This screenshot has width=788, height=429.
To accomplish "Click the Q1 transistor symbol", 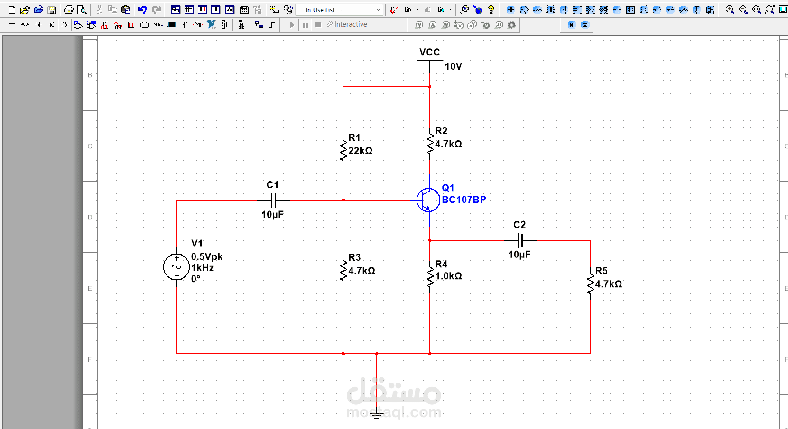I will [428, 200].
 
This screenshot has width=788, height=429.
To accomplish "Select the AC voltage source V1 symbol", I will [176, 267].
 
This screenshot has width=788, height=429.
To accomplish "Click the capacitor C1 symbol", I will [273, 200].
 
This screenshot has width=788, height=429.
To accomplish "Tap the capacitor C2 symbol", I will [520, 240].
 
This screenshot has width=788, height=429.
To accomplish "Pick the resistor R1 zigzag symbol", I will [343, 151].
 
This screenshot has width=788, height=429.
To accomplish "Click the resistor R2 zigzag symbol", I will [430, 144].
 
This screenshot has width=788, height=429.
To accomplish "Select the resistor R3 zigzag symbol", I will [343, 271].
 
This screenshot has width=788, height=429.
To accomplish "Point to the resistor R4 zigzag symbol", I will [430, 277].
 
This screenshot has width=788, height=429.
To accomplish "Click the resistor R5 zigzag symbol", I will [590, 284].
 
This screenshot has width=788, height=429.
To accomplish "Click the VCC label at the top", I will [429, 52].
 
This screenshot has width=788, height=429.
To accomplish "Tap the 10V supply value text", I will [453, 66].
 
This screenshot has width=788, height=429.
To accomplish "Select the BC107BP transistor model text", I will [464, 200].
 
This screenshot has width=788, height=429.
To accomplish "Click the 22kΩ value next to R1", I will [360, 151].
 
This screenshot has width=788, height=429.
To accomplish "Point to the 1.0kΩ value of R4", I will [448, 276].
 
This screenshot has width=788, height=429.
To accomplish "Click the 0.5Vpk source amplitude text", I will [206, 256].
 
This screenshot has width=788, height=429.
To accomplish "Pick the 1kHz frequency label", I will [203, 268].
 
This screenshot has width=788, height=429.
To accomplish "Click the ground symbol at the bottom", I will [377, 415].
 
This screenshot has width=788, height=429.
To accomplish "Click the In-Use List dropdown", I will [339, 10].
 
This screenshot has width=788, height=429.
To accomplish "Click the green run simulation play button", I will [292, 25].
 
